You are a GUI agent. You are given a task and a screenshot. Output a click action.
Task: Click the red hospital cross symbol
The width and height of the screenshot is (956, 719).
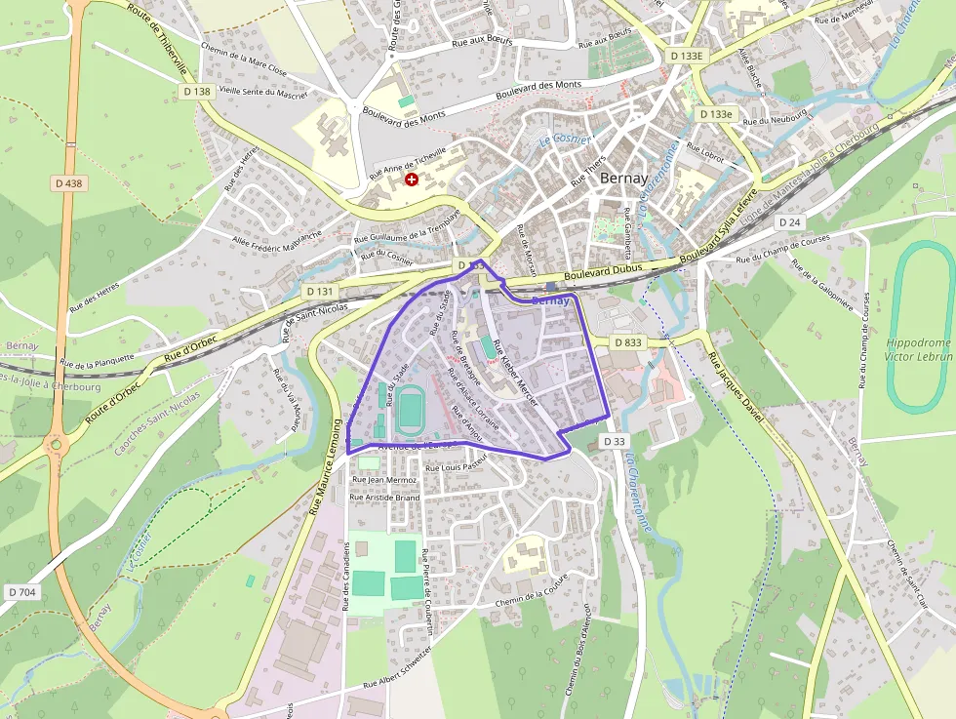point(412,180)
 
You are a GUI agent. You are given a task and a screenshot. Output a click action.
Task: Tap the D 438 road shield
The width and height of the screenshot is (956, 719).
point(68,182)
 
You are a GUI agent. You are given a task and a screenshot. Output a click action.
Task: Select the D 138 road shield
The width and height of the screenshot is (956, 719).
point(196,92)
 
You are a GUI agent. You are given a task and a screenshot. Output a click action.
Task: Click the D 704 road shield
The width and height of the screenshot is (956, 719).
point(21,592)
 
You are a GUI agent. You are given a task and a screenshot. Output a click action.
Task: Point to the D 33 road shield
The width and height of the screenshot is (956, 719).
point(614,442)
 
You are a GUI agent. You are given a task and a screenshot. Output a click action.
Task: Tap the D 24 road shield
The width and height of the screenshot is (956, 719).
point(790,222)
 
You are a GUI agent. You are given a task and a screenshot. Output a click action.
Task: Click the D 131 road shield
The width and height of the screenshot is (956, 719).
point(319,292)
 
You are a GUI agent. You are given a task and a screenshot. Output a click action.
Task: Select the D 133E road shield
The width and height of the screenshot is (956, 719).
point(687,57)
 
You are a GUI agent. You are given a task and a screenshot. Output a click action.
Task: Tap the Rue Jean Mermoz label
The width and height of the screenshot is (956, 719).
point(384,480)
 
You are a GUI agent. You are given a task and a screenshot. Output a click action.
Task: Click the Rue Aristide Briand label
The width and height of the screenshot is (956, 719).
point(384,498)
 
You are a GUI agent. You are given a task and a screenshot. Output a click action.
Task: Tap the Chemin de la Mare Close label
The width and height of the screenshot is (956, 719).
point(244,60)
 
